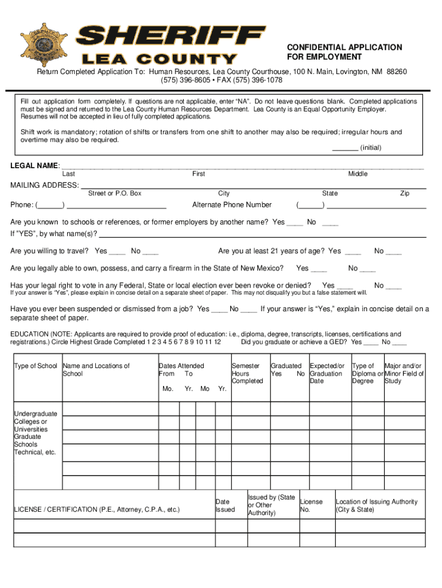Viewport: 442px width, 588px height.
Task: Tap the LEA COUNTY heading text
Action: [x=160, y=59]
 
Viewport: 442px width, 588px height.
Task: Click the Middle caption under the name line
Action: [x=358, y=174]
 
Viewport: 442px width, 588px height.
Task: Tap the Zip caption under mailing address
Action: [x=405, y=194]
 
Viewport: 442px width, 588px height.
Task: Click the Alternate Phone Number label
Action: [x=232, y=205]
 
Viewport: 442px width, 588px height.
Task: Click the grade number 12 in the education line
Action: [x=216, y=342]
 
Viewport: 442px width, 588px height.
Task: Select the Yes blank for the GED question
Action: [x=371, y=343]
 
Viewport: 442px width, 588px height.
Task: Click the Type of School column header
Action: [x=36, y=366]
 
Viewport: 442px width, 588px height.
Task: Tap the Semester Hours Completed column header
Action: [x=247, y=373]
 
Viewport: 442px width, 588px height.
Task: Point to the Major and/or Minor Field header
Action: [x=404, y=373]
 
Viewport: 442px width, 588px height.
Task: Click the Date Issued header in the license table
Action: [x=225, y=506]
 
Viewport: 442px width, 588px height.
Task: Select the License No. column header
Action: [x=311, y=506]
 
